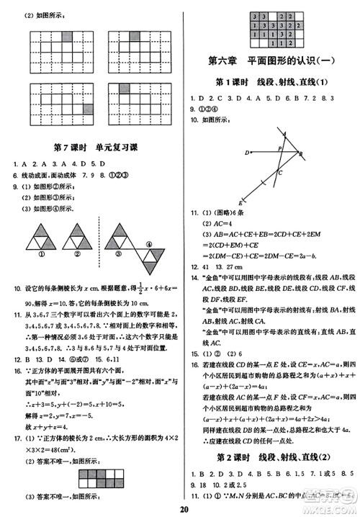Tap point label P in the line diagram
tap(279, 147)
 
